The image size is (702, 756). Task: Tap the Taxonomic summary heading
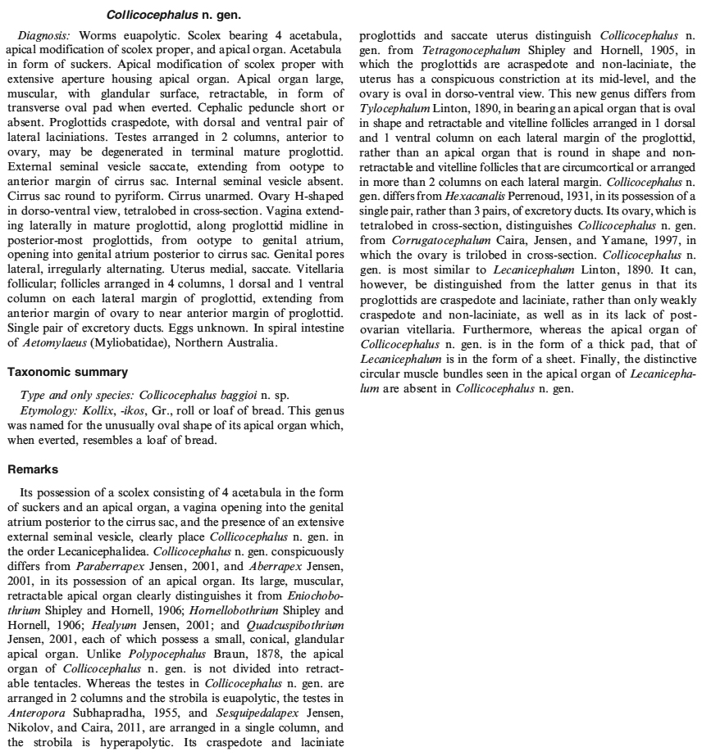pos(67,372)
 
